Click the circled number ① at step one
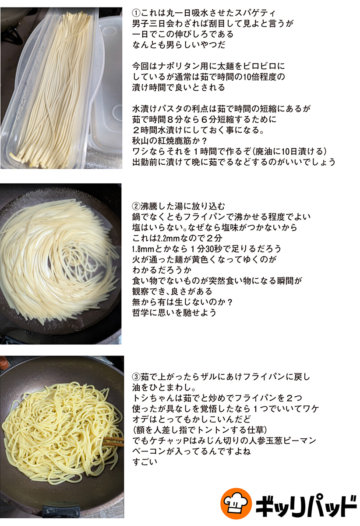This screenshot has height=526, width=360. point(136,13)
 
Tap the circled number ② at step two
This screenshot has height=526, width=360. point(136,206)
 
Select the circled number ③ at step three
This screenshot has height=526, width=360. point(136,377)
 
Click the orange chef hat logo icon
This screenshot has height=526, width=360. point(236,503)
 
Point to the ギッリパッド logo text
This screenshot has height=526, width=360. point(306,504)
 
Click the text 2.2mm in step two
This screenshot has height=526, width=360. point(165,238)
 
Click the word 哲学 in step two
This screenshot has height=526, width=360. point(141,313)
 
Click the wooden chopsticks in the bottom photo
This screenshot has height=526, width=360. point(113,441)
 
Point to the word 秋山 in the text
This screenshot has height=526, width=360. point(141,141)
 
